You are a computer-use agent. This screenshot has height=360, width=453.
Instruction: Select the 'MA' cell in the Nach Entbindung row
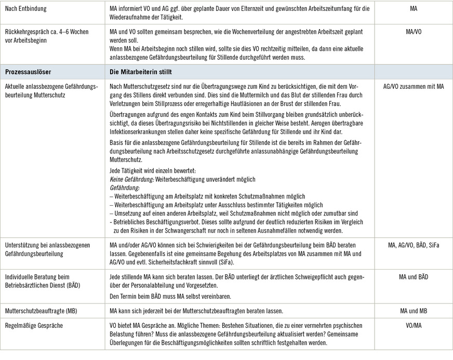tap(413, 9)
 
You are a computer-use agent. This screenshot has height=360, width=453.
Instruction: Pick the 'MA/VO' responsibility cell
tap(413, 32)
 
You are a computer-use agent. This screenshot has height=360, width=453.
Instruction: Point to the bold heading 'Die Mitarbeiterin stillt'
tap(141, 72)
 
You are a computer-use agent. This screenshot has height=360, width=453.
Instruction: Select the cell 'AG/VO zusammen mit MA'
tap(413, 86)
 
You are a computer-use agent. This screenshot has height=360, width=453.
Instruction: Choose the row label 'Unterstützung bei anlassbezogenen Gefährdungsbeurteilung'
tap(47, 249)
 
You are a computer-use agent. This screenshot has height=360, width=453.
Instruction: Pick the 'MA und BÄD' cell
tap(413, 277)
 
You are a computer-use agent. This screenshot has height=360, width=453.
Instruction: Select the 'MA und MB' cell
tap(413, 311)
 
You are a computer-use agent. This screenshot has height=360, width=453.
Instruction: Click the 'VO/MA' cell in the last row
tap(413, 325)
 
